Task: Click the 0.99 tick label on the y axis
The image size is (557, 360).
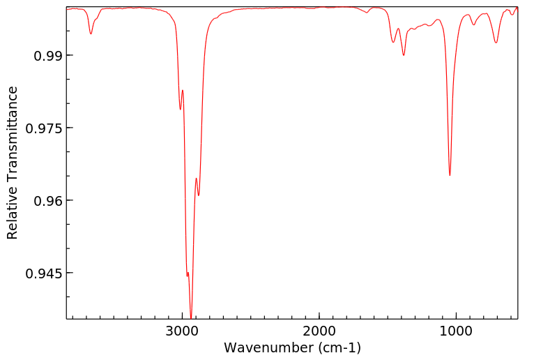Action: pos(43,55)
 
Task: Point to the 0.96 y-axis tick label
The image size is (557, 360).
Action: pos(43,201)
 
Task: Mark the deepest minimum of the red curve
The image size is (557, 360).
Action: pos(191,318)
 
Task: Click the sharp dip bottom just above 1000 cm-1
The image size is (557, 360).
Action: pos(450,175)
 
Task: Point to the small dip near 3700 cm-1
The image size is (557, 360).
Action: pos(91,34)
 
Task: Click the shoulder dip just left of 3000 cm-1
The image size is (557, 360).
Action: pos(180,110)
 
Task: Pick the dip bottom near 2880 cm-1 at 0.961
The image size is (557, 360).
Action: pos(199,196)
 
